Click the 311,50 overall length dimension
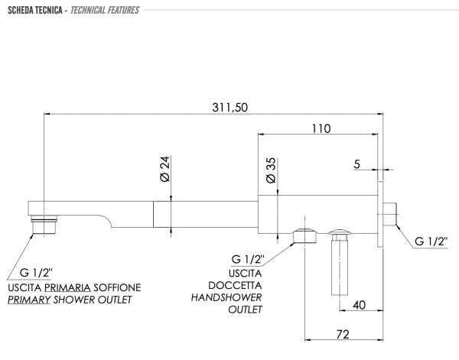point(229,107)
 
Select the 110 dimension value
point(321,128)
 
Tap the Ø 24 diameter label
point(165,169)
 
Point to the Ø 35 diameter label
point(272,170)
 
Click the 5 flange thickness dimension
point(356,164)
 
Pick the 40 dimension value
point(360,305)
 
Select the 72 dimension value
point(343,334)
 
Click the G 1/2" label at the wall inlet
point(431,242)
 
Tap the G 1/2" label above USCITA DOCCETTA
point(248,259)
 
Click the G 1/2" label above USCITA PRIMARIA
point(36,273)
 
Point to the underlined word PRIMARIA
point(67,287)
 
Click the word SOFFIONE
point(117,287)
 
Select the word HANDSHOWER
point(226,298)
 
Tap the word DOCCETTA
point(235,285)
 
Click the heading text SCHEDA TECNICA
point(35,10)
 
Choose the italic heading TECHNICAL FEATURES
point(105,10)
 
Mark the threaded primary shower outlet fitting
point(44,225)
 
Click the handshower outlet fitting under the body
point(304,236)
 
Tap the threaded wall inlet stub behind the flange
point(390,214)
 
